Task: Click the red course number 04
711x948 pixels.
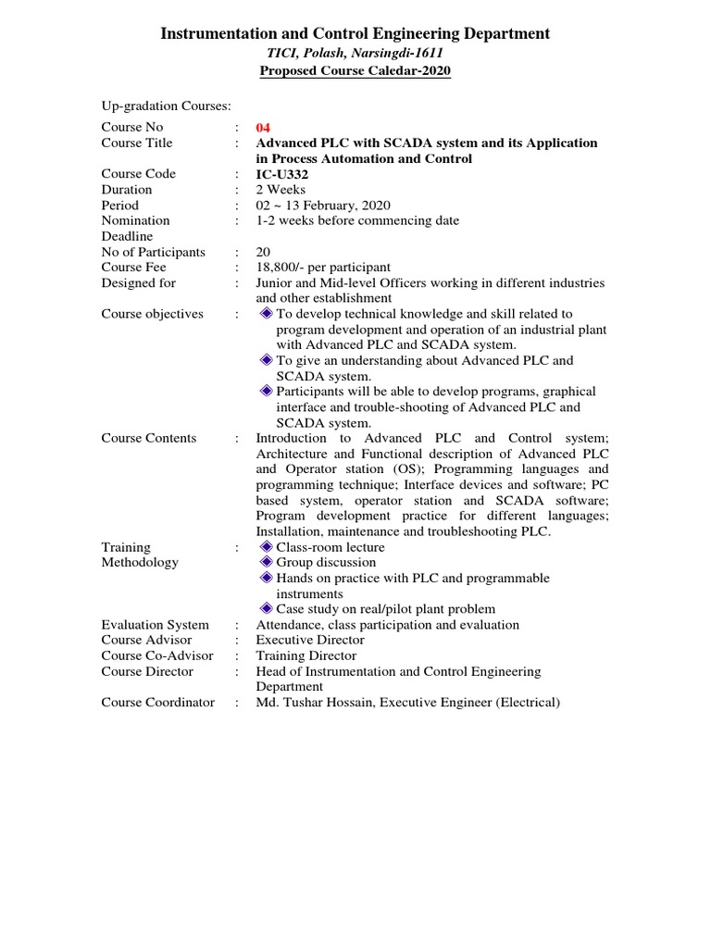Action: (x=264, y=128)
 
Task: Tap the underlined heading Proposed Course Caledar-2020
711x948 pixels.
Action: (x=355, y=72)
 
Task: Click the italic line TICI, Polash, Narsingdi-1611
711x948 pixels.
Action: (x=355, y=54)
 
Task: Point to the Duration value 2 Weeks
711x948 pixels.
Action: (x=281, y=190)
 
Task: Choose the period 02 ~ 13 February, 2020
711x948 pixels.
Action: (x=323, y=206)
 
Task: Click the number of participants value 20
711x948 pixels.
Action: (x=263, y=252)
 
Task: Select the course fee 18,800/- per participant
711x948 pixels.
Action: (x=323, y=268)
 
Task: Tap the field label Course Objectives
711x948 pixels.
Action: (x=152, y=314)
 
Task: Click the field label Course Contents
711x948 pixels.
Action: (x=149, y=438)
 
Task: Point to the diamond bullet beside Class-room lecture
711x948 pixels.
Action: (x=267, y=547)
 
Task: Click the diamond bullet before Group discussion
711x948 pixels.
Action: (x=267, y=562)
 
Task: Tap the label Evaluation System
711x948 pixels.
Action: (x=155, y=625)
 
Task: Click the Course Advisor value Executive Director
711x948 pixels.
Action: (x=310, y=640)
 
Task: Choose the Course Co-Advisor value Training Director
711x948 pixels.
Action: (x=306, y=655)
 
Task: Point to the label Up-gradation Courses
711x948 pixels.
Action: (x=166, y=106)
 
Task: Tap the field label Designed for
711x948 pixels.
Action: (x=138, y=283)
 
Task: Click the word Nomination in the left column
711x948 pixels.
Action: (x=135, y=220)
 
